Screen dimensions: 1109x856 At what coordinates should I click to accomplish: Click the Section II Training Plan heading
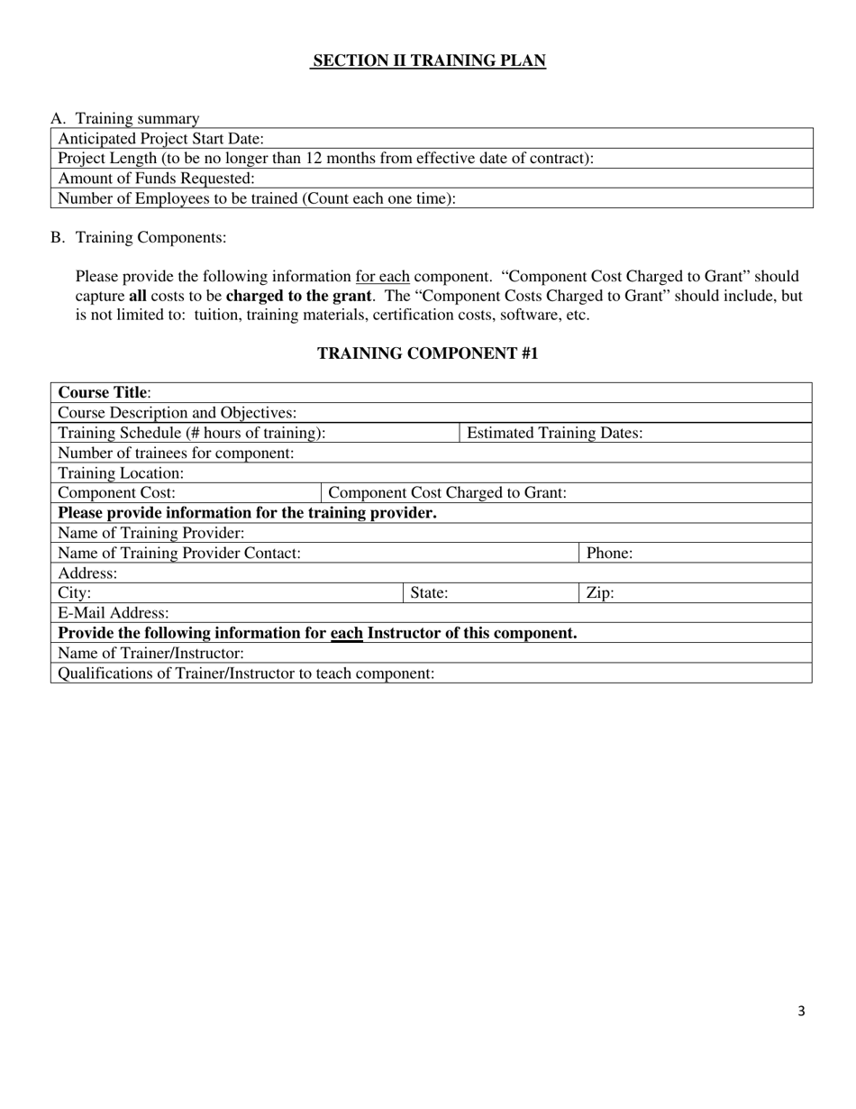coord(428,61)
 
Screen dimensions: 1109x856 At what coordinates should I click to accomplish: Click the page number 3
coord(801,1012)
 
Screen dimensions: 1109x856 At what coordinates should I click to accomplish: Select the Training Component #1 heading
coord(428,353)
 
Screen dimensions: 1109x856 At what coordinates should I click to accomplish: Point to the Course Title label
coord(105,393)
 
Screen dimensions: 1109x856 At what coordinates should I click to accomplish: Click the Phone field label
coord(609,554)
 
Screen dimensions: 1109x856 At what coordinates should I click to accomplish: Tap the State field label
coord(429,593)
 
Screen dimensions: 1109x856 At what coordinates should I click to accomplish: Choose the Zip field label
coord(600,593)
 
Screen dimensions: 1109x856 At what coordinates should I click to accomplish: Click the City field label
coord(75,593)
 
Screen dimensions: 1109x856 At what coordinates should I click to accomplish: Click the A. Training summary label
coord(125,119)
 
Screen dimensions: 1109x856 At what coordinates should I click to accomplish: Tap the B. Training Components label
coord(139,238)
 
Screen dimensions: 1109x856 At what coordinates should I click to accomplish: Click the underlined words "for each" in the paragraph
coord(383,277)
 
